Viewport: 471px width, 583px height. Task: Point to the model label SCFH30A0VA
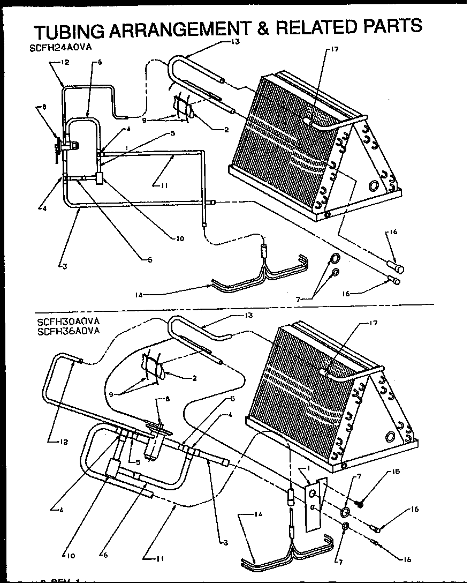coord(69,322)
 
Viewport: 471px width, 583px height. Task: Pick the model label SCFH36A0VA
coord(69,331)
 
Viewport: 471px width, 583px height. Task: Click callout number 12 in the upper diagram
coord(65,63)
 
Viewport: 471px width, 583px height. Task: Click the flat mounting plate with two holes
coord(314,504)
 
